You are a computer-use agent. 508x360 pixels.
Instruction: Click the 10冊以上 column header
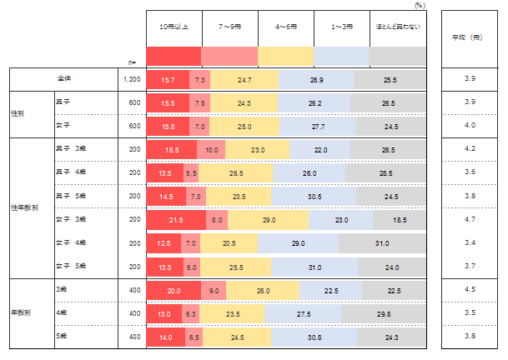pyautogui.click(x=173, y=27)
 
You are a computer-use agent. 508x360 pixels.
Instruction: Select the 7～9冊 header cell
pyautogui.click(x=229, y=27)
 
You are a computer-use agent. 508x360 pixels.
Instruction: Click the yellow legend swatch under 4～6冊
pyautogui.click(x=286, y=56)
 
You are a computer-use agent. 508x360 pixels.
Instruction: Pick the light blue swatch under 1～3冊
pyautogui.click(x=342, y=56)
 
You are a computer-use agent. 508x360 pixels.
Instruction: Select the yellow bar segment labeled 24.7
pyautogui.click(x=243, y=78)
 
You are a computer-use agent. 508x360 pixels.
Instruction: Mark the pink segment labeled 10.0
pyautogui.click(x=211, y=149)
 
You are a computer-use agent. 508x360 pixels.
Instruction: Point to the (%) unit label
pyautogui.click(x=420, y=5)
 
